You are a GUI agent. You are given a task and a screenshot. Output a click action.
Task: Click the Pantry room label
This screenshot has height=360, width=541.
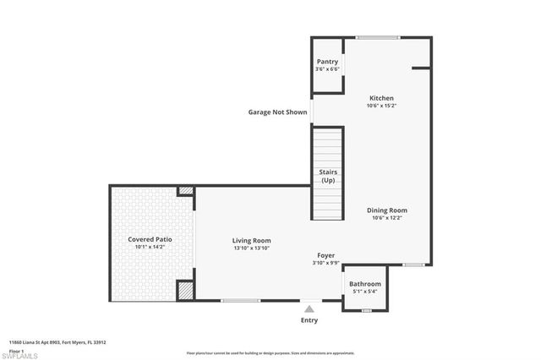pyautogui.click(x=327, y=62)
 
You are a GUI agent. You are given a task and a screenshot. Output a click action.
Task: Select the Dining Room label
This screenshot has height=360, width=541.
pyautogui.click(x=387, y=210)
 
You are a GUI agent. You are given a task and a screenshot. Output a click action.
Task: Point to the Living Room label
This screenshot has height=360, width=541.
pyautogui.click(x=252, y=241)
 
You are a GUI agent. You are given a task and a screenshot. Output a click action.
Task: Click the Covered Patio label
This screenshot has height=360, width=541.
pyautogui.click(x=146, y=239)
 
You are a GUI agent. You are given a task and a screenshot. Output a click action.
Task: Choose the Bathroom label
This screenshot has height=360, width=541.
pyautogui.click(x=365, y=284)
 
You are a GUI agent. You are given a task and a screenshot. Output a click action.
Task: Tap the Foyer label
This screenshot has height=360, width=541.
pyautogui.click(x=326, y=255)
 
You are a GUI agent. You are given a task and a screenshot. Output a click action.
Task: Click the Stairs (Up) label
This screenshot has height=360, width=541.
pyautogui.click(x=328, y=177)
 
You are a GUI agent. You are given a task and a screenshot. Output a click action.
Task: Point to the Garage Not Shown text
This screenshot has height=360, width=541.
pyautogui.click(x=277, y=112)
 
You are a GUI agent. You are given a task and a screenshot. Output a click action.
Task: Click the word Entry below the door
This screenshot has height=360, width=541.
pyautogui.click(x=310, y=321)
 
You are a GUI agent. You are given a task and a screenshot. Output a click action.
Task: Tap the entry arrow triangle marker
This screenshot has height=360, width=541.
pyautogui.click(x=310, y=308)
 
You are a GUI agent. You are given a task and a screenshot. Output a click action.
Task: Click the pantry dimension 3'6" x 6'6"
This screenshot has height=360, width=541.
pyautogui.click(x=327, y=69)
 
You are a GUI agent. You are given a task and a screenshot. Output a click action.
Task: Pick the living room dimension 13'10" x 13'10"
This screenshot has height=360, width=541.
pyautogui.click(x=252, y=248)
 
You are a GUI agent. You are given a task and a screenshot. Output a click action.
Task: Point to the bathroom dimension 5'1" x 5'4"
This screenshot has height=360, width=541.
pyautogui.click(x=365, y=292)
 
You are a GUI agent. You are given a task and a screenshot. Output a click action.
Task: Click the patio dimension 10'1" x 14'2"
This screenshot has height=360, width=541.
pyautogui.click(x=146, y=248)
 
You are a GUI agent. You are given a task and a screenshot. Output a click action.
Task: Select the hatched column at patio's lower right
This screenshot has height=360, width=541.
pyautogui.click(x=186, y=290)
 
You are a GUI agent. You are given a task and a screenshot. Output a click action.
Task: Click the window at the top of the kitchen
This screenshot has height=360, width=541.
pyautogui.click(x=376, y=37)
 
